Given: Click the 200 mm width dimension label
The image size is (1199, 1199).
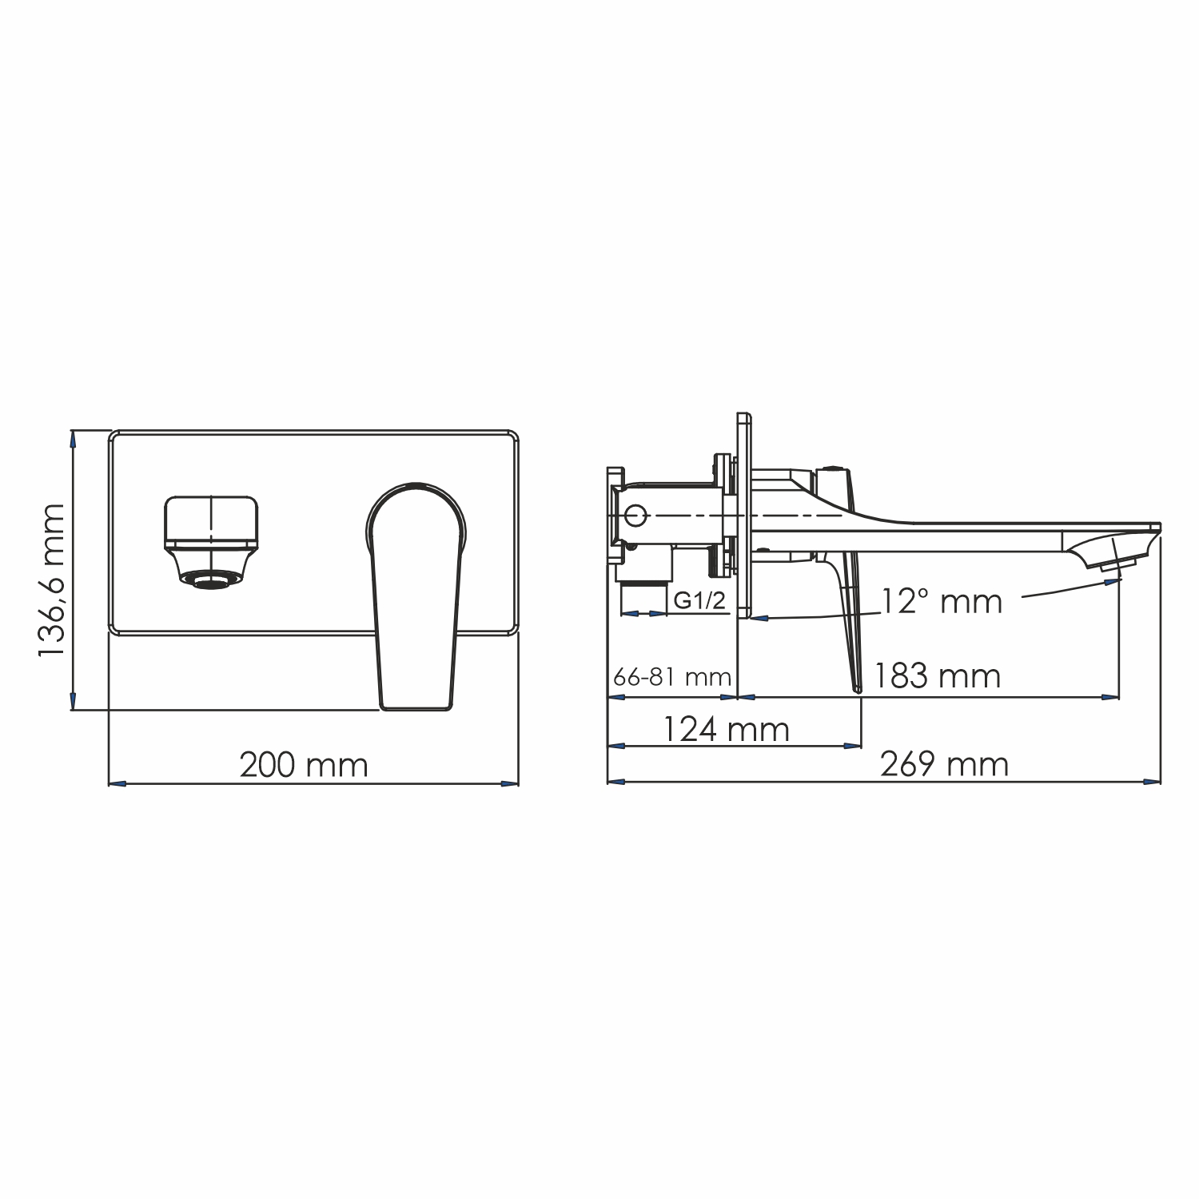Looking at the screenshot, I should (304, 765).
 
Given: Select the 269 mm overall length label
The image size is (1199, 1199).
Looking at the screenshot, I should (944, 764).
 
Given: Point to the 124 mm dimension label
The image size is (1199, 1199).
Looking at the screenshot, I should (726, 729).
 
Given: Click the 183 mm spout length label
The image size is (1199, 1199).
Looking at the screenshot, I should (936, 676).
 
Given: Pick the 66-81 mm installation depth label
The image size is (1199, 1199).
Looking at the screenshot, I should (672, 678).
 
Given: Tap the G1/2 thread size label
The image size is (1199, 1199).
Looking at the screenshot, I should (699, 600).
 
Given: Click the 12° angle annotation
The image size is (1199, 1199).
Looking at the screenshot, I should (941, 600).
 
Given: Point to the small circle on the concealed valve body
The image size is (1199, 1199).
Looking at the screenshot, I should (635, 516).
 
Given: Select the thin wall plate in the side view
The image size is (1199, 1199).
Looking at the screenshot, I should (743, 516).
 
